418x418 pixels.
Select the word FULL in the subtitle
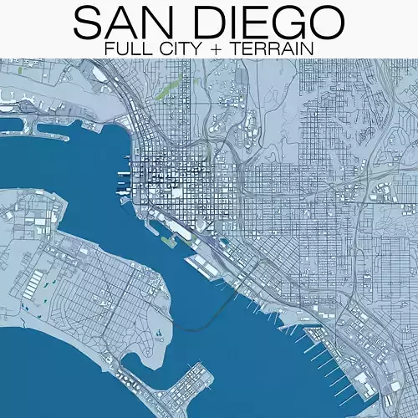[x=125, y=48]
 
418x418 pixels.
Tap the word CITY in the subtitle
[x=176, y=48]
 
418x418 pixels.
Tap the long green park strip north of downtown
[x=164, y=89]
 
